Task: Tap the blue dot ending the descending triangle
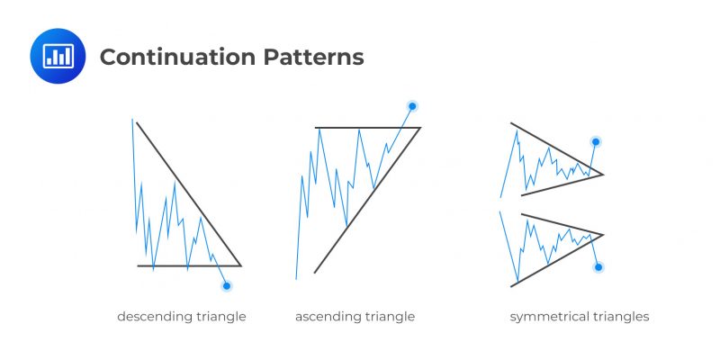pyautogui.click(x=226, y=286)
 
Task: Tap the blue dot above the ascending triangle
pyautogui.click(x=412, y=106)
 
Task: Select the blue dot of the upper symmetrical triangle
pyautogui.click(x=595, y=141)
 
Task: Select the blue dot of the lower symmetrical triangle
pyautogui.click(x=598, y=267)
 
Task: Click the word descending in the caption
pyautogui.click(x=149, y=317)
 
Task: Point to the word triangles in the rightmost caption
pyautogui.click(x=622, y=317)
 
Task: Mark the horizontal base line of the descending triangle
pyautogui.click(x=180, y=265)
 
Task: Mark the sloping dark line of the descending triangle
pyautogui.click(x=189, y=193)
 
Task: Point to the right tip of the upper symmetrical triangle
pyautogui.click(x=602, y=174)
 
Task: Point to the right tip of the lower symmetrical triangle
pyautogui.click(x=602, y=235)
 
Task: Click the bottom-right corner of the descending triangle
pyautogui.click(x=241, y=265)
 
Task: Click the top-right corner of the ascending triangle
pyautogui.click(x=420, y=128)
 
